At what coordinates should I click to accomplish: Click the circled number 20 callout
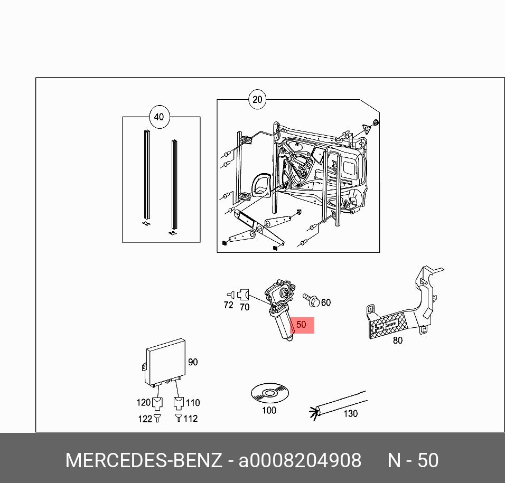tap(257, 100)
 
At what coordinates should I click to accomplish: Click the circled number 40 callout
tap(159, 117)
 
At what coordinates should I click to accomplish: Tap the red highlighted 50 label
tap(301, 325)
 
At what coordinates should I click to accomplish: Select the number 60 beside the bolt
tap(325, 302)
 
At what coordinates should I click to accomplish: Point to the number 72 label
tap(228, 305)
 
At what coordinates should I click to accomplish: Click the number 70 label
tap(244, 307)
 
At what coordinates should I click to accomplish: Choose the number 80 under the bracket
tap(397, 340)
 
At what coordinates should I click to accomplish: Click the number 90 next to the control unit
tap(193, 362)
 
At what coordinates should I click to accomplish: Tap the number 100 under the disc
tap(269, 410)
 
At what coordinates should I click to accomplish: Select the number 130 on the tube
tap(350, 413)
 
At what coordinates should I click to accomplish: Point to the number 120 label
tap(143, 403)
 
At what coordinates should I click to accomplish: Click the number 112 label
tap(190, 418)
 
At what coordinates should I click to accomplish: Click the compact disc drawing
tap(269, 393)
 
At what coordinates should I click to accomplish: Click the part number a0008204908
tap(300, 460)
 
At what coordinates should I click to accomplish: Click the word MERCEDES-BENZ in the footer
tap(143, 460)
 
